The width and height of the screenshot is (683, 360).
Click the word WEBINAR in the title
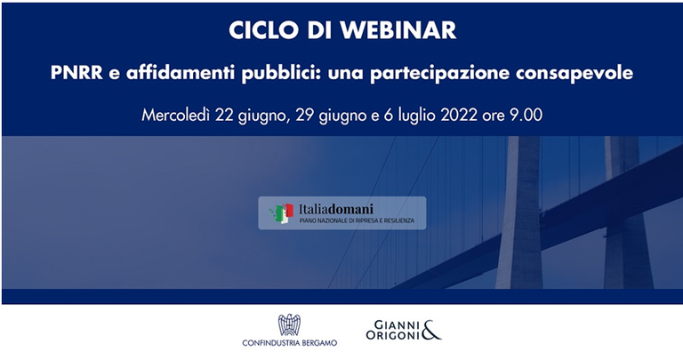(x=402, y=30)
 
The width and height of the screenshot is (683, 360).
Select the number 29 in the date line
(x=299, y=116)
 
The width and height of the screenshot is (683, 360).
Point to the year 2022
(x=470, y=116)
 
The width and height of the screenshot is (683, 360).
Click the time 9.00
(x=526, y=116)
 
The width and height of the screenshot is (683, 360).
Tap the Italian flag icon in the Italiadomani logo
(x=282, y=213)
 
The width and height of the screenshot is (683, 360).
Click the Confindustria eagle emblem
(x=289, y=325)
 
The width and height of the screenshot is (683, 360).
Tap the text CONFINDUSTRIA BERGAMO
(x=289, y=343)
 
